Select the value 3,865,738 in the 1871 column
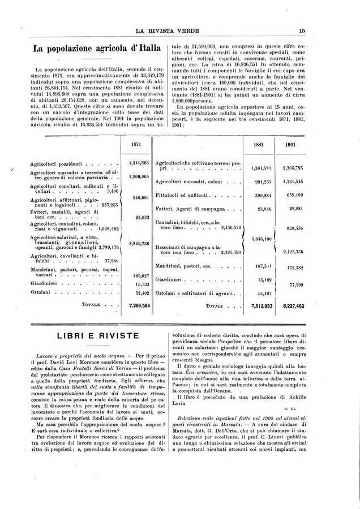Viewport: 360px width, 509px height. click(138, 243)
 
